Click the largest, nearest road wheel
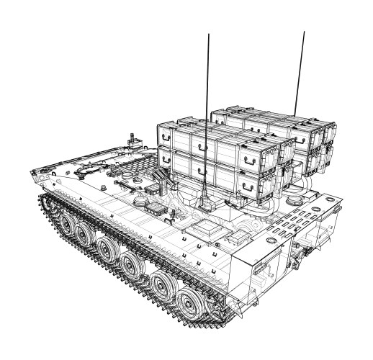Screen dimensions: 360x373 tap(189, 297)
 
